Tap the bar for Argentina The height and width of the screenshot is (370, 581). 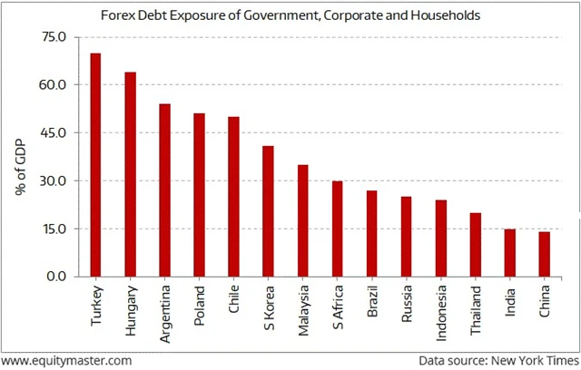tap(164, 190)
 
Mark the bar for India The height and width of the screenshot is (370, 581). tap(509, 253)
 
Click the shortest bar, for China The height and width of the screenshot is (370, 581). tap(544, 255)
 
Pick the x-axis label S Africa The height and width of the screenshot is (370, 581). tap(338, 307)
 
